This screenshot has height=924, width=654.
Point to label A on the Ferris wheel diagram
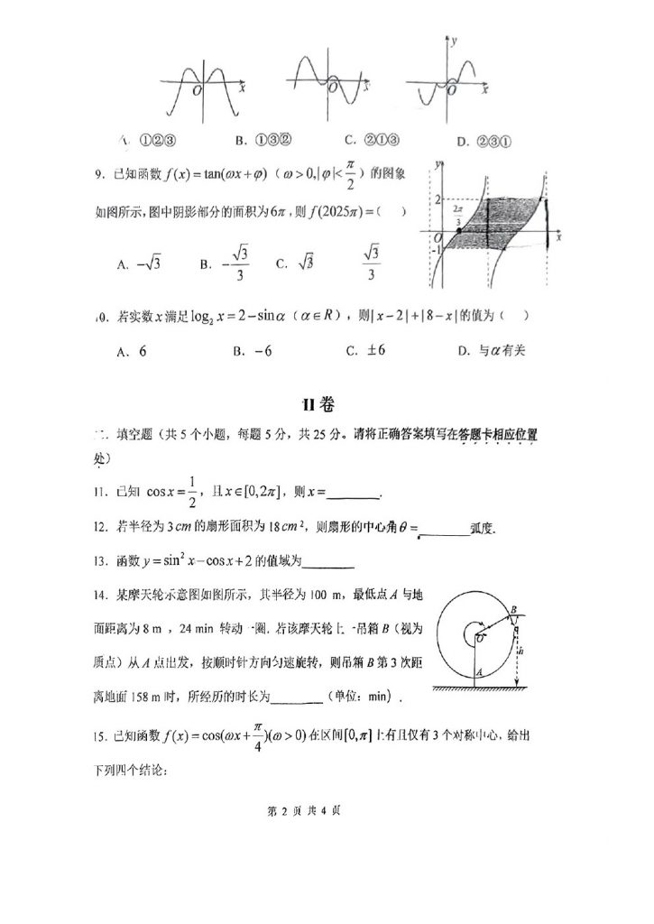click(x=478, y=672)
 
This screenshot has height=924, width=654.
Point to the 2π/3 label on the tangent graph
click(x=458, y=213)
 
